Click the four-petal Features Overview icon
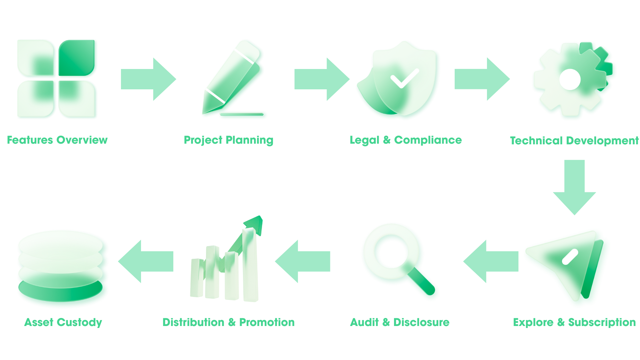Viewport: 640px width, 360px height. point(57,79)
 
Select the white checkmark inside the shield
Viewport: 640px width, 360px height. point(404,78)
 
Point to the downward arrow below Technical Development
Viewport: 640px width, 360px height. point(574,187)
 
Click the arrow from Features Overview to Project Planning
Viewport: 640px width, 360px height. point(148,79)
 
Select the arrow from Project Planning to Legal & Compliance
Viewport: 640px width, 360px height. point(322,79)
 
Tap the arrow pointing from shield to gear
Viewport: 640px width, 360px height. point(482,79)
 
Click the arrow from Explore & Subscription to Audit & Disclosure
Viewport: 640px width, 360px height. point(491,261)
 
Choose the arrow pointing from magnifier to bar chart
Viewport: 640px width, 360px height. point(303,261)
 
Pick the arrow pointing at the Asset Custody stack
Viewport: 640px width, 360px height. point(146,261)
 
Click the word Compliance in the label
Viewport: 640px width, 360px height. point(428,140)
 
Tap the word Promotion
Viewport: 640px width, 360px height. point(267,322)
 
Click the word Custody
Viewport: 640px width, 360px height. point(79,322)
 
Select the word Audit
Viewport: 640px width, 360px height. point(364,322)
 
